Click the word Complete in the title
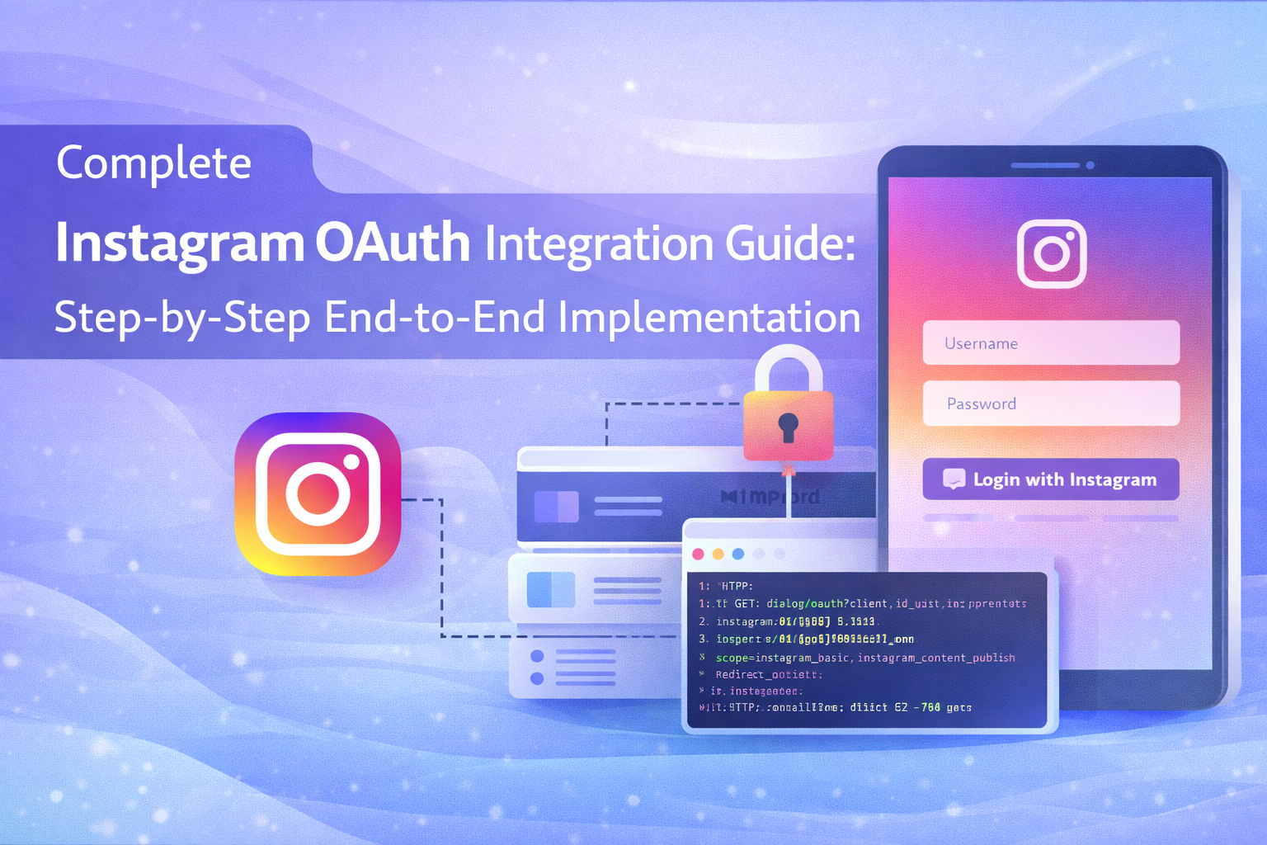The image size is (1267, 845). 153,163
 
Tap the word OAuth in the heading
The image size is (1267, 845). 393,243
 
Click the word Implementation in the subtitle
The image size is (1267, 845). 709,318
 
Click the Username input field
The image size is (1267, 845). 1051,342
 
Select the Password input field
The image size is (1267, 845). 1051,404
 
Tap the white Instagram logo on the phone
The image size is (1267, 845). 1052,253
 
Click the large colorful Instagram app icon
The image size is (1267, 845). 318,494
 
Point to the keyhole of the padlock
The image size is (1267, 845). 789,427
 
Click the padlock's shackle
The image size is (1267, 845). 789,363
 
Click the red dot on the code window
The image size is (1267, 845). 699,554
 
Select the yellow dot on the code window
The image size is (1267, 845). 718,554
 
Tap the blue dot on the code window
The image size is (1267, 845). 738,554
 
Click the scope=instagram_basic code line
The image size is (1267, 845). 864,658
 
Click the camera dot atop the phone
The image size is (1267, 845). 1090,165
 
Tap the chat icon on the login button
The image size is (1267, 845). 954,479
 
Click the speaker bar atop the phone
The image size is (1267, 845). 1045,165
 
